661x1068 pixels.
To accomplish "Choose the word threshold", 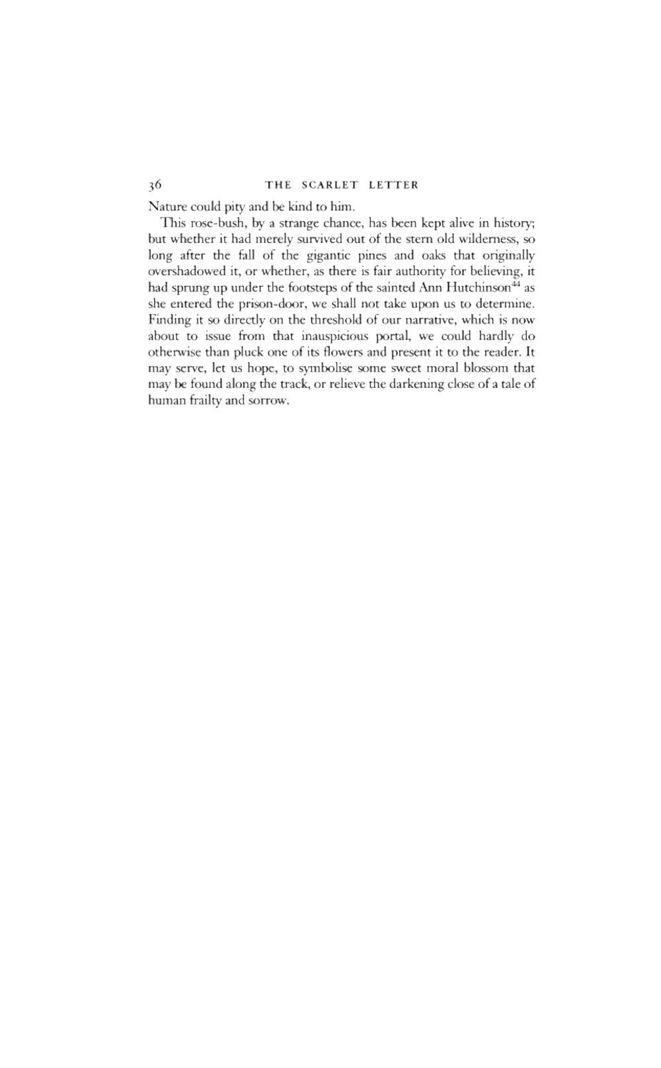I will click(313, 319).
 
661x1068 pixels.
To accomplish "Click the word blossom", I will click(484, 368).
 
